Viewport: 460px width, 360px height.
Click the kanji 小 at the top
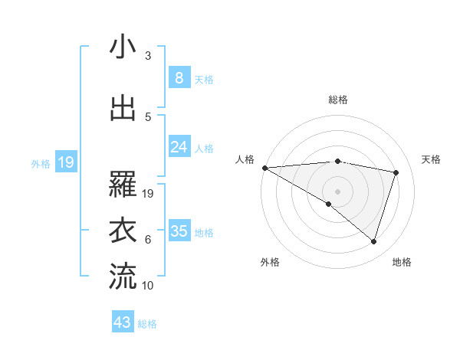[123, 47]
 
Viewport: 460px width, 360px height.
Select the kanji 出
[123, 108]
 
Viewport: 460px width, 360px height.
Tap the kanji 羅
[123, 185]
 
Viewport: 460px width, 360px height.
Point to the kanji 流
[123, 277]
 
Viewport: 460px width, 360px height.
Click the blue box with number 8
[179, 77]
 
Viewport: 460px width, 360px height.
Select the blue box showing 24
[179, 147]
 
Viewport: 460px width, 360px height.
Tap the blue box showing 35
[179, 231]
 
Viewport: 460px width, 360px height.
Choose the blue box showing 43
[123, 322]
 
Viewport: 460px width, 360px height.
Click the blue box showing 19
[65, 162]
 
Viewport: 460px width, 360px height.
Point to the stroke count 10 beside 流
[148, 286]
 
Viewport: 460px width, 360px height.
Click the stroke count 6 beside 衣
[148, 240]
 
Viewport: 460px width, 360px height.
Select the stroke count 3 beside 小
[148, 56]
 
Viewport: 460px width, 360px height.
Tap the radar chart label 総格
[337, 100]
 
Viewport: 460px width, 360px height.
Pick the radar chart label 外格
[270, 262]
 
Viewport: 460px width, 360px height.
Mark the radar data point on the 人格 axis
[264, 168]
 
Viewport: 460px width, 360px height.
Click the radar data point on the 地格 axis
[373, 241]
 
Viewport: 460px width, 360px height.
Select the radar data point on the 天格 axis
[396, 172]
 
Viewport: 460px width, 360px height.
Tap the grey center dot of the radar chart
[337, 191]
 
